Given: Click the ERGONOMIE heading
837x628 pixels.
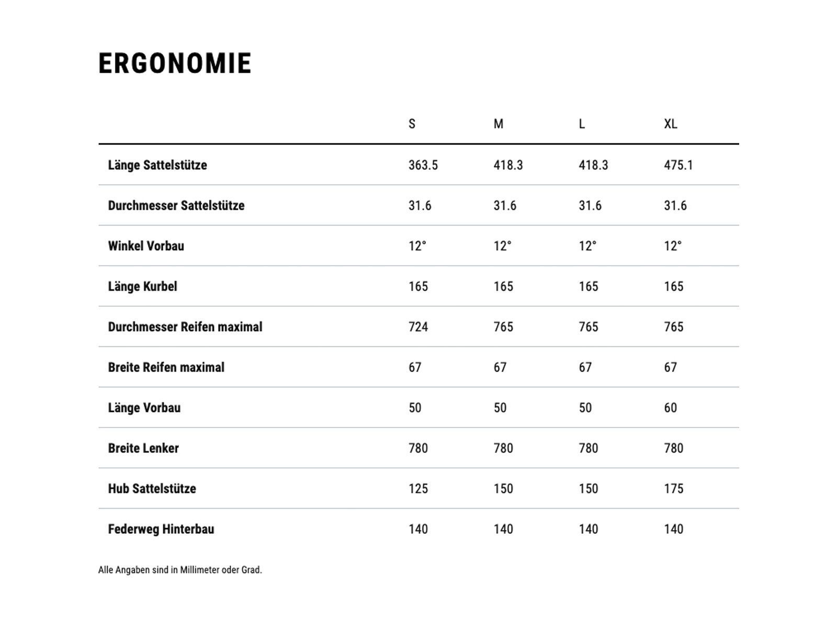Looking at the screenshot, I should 175,63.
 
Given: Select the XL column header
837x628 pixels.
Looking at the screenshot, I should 670,124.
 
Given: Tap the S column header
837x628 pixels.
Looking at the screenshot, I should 412,124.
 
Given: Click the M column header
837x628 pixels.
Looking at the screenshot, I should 498,124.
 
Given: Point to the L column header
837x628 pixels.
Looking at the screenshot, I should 582,124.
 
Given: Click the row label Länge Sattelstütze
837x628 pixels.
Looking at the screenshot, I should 157,165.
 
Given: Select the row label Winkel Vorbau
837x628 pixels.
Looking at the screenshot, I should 146,246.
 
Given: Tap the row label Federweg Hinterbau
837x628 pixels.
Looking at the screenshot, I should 161,529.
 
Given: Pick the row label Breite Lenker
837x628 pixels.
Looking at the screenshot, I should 143,448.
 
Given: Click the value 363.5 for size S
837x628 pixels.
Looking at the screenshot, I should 423,165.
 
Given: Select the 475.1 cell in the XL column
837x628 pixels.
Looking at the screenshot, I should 678,165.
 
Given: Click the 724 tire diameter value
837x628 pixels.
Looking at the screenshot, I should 418,327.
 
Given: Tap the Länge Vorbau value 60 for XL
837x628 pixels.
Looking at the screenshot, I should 670,408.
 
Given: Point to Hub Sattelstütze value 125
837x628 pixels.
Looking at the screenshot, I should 418,489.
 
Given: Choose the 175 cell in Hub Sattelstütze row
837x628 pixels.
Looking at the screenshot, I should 673,489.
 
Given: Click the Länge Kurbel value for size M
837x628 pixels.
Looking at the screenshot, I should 503,287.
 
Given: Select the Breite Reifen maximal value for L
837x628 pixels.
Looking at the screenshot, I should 585,367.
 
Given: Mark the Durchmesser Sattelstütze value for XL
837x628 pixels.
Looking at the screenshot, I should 675,206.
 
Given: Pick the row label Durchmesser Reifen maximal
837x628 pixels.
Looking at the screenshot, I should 185,327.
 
